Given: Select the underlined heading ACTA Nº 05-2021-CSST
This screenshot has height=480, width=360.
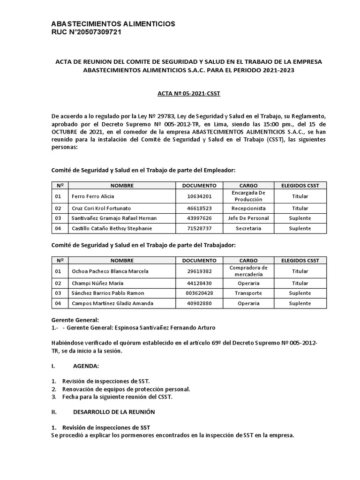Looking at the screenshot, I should point(188,94).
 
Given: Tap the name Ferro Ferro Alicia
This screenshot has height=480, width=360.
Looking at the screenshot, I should point(92,196).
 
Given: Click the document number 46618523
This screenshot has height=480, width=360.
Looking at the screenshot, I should point(199,208).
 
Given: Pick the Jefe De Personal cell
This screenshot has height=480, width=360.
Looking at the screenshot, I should point(248,218).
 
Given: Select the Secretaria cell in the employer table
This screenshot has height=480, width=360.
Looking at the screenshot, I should point(248,228).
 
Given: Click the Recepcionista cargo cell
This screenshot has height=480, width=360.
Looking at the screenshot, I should point(248,208).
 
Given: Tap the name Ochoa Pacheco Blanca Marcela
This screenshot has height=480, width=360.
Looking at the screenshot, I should point(110,271).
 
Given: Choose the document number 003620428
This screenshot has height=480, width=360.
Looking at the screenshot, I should point(199,293).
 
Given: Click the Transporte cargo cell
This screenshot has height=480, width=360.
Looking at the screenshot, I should point(248,293).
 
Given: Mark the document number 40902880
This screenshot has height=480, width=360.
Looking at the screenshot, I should point(199,303).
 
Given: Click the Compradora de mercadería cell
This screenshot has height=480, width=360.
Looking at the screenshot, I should point(248,271).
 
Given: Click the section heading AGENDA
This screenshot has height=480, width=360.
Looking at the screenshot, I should point(86,366).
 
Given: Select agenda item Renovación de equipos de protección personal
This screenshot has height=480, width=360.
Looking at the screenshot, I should point(126,389).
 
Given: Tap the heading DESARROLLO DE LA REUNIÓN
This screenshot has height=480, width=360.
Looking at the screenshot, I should point(114,412).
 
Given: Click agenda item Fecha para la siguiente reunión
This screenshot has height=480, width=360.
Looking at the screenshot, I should point(117,397).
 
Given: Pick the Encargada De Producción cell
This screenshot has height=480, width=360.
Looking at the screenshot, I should point(248,196).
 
